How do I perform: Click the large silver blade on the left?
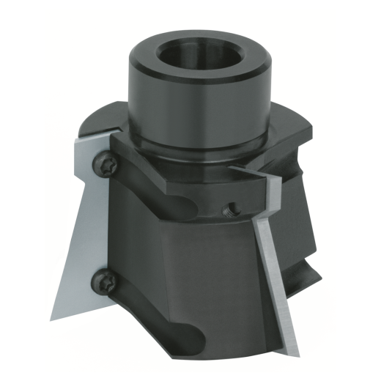coord(81,220)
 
